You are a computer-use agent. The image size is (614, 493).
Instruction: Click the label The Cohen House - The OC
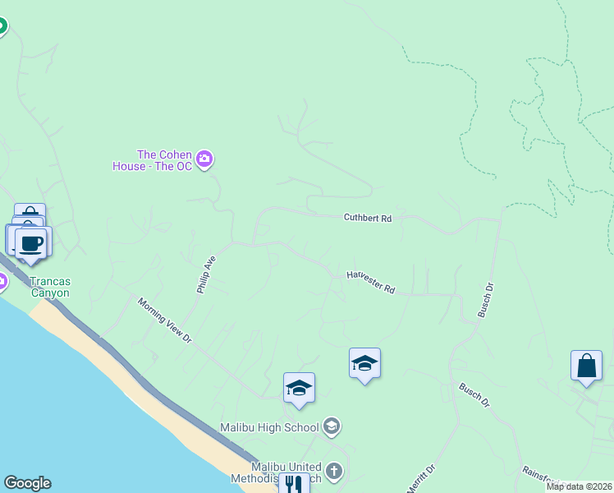(x=153, y=159)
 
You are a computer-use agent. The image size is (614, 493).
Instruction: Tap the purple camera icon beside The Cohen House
(x=205, y=159)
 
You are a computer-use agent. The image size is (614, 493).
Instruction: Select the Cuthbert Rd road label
(x=368, y=218)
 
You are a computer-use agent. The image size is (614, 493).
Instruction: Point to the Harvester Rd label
(x=371, y=282)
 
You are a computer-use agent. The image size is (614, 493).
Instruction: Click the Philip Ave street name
(x=205, y=274)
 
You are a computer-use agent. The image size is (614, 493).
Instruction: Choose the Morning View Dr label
(x=164, y=320)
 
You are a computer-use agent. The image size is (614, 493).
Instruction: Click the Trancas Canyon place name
(x=51, y=286)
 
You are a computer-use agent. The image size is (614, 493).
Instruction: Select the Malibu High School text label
(x=269, y=427)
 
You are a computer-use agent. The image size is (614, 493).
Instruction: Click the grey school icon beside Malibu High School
(x=332, y=426)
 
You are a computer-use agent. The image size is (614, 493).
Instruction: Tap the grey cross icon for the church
(x=333, y=472)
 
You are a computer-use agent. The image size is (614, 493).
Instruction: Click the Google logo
(x=27, y=483)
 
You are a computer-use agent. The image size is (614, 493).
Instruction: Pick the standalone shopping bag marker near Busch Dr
(x=587, y=366)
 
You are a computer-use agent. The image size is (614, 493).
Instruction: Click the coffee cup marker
(x=31, y=243)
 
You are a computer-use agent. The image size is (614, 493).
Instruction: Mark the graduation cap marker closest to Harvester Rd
(x=364, y=363)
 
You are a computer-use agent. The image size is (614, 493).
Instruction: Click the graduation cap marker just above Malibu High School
(x=300, y=388)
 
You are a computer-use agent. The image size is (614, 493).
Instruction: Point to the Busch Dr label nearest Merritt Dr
(x=474, y=395)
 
